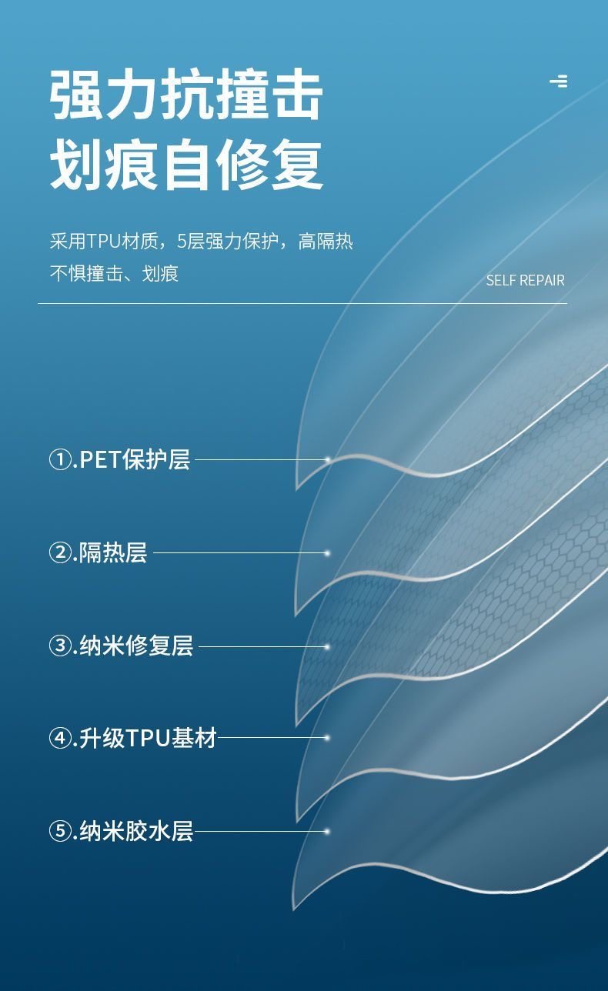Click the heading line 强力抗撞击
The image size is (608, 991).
coord(186,95)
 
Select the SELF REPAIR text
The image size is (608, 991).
coord(525,281)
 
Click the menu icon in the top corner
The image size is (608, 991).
coord(559,81)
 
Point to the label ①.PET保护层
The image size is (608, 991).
coord(119,460)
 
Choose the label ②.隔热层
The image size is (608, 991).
coord(98,552)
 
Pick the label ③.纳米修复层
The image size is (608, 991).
coord(121,646)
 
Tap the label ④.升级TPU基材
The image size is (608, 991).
coord(132,738)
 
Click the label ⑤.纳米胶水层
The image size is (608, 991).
coord(121,831)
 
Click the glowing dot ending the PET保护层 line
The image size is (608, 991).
coord(327,460)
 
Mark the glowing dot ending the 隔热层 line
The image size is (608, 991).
coord(327,552)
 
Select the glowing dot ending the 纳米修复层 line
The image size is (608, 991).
coord(327,646)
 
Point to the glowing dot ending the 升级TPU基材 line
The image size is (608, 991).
coord(327,738)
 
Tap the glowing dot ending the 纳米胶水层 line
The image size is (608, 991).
coord(327,831)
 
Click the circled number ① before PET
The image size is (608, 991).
coord(59,461)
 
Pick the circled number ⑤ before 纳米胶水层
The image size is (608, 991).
coord(59,832)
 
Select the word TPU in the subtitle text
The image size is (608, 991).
coord(103,242)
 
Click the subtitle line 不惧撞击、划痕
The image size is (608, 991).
coord(114,274)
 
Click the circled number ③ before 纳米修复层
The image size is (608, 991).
coord(59,646)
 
